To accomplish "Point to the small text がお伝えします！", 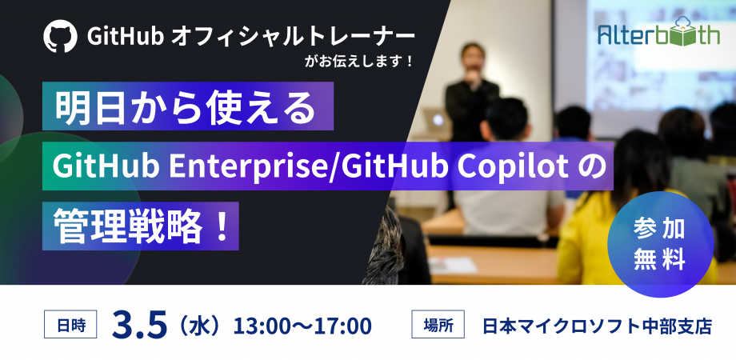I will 360,61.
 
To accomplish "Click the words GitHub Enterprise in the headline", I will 189,166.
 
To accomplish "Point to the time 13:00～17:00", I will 302,326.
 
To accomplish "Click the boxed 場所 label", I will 438,326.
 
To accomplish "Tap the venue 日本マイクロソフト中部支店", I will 596,326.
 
